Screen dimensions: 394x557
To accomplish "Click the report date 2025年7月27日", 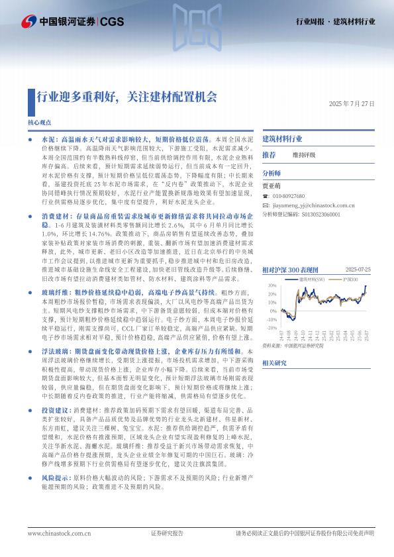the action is (x=352, y=105).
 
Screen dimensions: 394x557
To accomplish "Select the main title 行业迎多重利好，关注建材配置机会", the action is (x=126, y=97).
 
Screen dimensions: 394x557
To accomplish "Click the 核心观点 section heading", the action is (x=39, y=123).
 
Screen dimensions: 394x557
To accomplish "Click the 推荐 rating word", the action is (x=269, y=155).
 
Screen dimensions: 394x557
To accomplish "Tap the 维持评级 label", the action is (x=304, y=155).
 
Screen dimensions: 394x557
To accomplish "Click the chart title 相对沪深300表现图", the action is (x=290, y=270).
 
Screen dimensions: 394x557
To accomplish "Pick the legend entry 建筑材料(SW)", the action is (x=311, y=280).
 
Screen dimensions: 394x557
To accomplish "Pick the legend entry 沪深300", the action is (x=348, y=280).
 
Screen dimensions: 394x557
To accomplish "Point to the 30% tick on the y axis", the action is (x=272, y=286).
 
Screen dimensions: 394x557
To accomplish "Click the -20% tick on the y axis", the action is (x=271, y=327).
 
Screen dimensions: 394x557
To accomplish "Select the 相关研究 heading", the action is (x=274, y=363).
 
